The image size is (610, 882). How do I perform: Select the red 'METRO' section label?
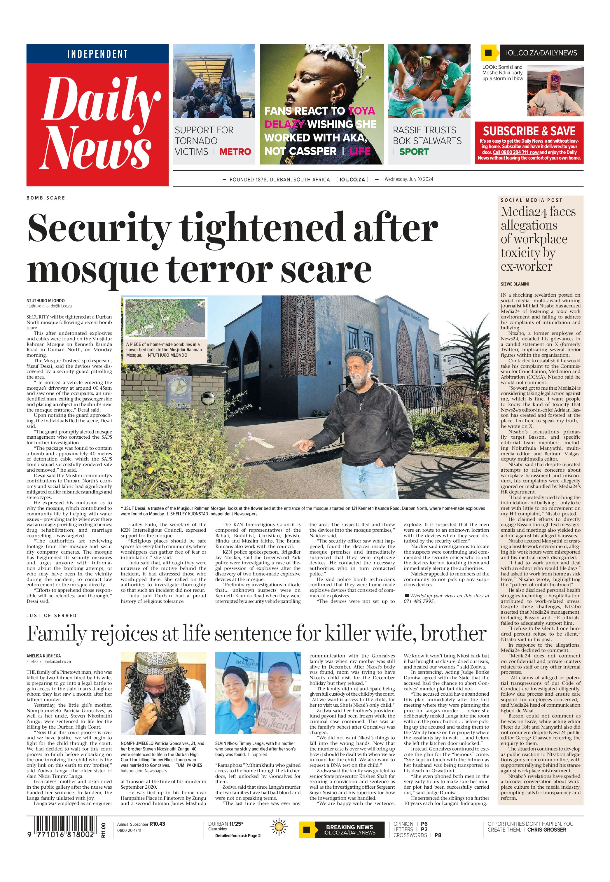point(235,152)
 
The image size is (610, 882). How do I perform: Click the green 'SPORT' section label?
point(414,152)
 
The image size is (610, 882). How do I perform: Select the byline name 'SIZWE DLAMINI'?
point(515,284)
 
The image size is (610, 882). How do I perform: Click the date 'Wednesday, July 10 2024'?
point(409,179)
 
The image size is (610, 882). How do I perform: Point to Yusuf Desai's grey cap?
point(358,356)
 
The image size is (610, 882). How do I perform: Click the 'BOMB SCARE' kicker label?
point(46,198)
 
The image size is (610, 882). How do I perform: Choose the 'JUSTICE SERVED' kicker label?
point(52,616)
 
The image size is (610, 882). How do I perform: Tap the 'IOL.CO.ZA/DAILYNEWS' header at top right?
point(541,53)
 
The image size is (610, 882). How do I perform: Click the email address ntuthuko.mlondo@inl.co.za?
point(49,306)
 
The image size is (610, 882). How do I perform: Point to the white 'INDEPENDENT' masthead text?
point(97,54)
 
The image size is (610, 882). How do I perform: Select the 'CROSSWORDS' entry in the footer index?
point(410,835)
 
